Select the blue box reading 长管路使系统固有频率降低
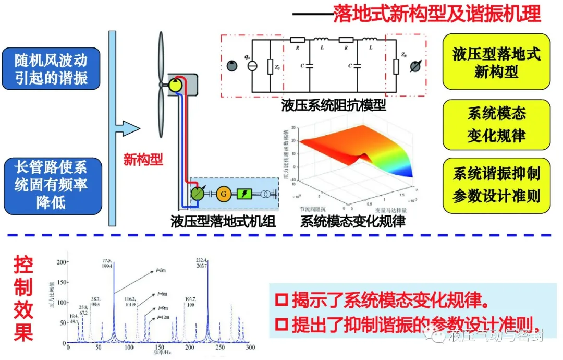tap(51, 185)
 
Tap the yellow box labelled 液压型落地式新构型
tap(496, 62)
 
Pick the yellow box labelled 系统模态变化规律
tap(496, 124)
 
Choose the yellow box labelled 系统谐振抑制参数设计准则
tap(496, 185)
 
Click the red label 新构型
tap(143, 160)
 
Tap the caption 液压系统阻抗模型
tap(334, 105)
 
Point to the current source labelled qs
tap(252, 66)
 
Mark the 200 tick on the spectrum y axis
tap(62, 262)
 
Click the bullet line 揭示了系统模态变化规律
tap(383, 301)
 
